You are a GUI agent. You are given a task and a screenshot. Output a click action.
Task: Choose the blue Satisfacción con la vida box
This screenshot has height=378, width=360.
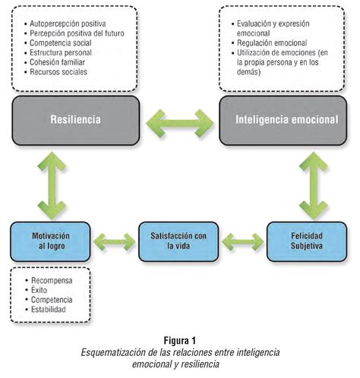(x=175, y=240)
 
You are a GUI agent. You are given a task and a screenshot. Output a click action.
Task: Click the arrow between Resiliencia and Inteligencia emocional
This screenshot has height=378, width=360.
(x=180, y=119)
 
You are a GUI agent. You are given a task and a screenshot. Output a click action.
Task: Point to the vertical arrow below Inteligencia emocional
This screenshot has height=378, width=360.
(x=312, y=183)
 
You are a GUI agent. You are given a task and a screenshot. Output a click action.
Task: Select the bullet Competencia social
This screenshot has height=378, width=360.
(x=65, y=43)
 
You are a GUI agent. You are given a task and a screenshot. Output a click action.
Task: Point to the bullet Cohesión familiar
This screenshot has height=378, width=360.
(x=63, y=62)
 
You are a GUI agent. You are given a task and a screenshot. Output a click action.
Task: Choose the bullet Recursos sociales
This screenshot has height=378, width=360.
(x=62, y=72)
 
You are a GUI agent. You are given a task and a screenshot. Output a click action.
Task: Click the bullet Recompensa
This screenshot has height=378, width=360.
(x=51, y=280)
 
